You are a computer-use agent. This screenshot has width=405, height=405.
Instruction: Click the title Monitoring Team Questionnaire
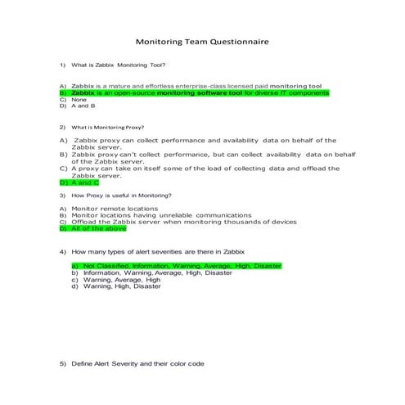pyautogui.click(x=201, y=41)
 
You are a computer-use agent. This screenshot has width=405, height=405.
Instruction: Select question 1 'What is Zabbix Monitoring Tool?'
pyautogui.click(x=118, y=65)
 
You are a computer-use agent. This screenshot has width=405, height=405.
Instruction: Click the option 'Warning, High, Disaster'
pyautogui.click(x=122, y=286)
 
